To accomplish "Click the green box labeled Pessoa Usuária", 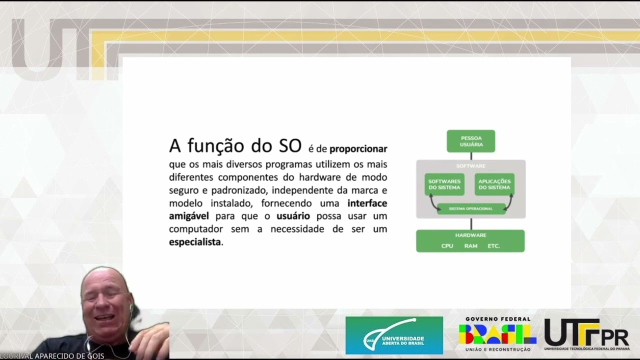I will pyautogui.click(x=470, y=141).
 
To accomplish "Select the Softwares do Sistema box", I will pyautogui.click(x=444, y=184).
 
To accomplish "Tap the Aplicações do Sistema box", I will pyautogui.click(x=494, y=184).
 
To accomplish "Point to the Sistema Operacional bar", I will pyautogui.click(x=470, y=208).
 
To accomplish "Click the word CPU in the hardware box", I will pyautogui.click(x=447, y=246).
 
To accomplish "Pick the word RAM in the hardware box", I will pyautogui.click(x=470, y=246).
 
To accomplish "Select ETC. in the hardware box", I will pyautogui.click(x=493, y=246).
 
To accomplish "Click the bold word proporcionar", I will pyautogui.click(x=358, y=149).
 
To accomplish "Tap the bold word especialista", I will pyautogui.click(x=195, y=242).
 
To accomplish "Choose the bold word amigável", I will pyautogui.click(x=189, y=216).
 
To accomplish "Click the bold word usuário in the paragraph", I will pyautogui.click(x=293, y=216).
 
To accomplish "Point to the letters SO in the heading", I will pyautogui.click(x=290, y=145).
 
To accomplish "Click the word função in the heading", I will pyautogui.click(x=220, y=145).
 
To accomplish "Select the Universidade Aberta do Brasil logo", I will pyautogui.click(x=394, y=335).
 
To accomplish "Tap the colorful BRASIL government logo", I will pyautogui.click(x=497, y=334).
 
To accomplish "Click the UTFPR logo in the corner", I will pyautogui.click(x=586, y=334).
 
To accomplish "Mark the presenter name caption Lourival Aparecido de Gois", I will pyautogui.click(x=52, y=356).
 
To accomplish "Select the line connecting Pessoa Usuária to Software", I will pyautogui.click(x=470, y=156).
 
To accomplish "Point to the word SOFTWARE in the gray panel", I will pyautogui.click(x=470, y=166).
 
